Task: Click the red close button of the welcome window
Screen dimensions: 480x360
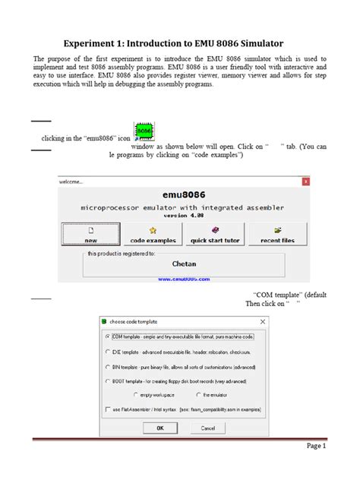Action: click(x=305, y=182)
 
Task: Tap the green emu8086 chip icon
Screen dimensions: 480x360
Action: click(x=145, y=133)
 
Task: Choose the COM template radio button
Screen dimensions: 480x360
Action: click(x=106, y=336)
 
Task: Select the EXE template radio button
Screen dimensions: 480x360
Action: click(x=106, y=352)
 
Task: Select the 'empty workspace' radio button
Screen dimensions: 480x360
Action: click(x=136, y=394)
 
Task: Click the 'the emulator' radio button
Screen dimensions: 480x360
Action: click(x=198, y=394)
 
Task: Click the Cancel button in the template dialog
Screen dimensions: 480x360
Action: click(x=207, y=428)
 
